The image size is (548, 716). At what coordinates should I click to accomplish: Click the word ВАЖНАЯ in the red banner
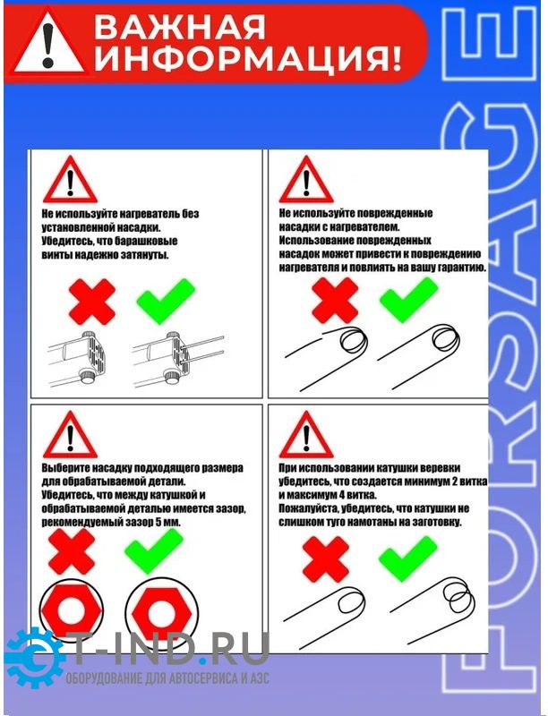179,27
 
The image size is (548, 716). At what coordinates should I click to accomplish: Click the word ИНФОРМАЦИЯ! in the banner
247,59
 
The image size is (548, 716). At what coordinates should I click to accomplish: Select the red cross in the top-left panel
92,302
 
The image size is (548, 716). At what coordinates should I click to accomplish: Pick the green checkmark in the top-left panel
166,301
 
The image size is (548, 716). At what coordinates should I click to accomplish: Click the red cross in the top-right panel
335,301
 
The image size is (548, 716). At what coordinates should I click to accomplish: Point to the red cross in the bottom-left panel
72,551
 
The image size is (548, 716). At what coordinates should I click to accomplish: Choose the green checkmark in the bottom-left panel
154,550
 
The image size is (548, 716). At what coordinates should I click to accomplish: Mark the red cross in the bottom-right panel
326,558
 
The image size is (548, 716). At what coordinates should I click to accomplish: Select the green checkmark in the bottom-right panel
408,558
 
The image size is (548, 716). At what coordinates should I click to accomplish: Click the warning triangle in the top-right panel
306,180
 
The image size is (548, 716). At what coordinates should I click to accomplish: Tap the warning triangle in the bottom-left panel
70,434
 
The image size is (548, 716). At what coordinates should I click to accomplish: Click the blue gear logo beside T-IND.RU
34,658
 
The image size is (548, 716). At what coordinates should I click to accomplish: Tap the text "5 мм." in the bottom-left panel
168,522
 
